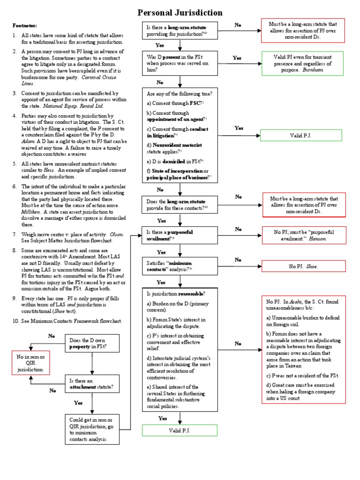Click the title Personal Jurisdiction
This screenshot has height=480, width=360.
click(x=180, y=13)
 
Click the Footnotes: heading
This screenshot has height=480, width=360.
click(x=24, y=26)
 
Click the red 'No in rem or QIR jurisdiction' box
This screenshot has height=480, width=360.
click(x=30, y=363)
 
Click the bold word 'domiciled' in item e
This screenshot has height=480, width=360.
click(x=175, y=161)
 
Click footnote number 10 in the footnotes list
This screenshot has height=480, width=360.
click(x=16, y=321)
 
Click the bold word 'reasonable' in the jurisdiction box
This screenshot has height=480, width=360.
click(x=190, y=294)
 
